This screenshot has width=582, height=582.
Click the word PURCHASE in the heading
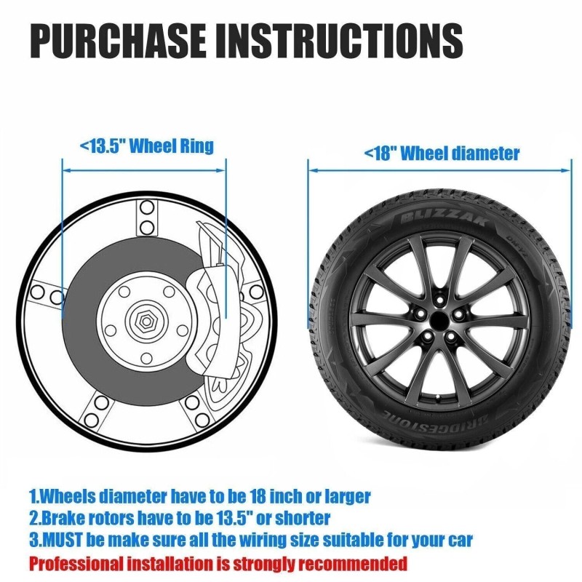click(118, 40)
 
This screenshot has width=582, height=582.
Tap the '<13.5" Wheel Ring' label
click(147, 145)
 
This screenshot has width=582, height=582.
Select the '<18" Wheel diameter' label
click(442, 153)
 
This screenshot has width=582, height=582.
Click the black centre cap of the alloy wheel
click(439, 320)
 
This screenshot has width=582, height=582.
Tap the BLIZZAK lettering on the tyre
click(444, 218)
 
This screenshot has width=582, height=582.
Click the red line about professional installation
click(218, 563)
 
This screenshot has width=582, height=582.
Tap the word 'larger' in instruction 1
click(348, 497)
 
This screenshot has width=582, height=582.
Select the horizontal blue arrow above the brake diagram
click(144, 170)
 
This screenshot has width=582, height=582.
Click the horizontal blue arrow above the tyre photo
click(439, 170)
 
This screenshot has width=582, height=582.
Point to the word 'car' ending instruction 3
click(461, 541)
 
